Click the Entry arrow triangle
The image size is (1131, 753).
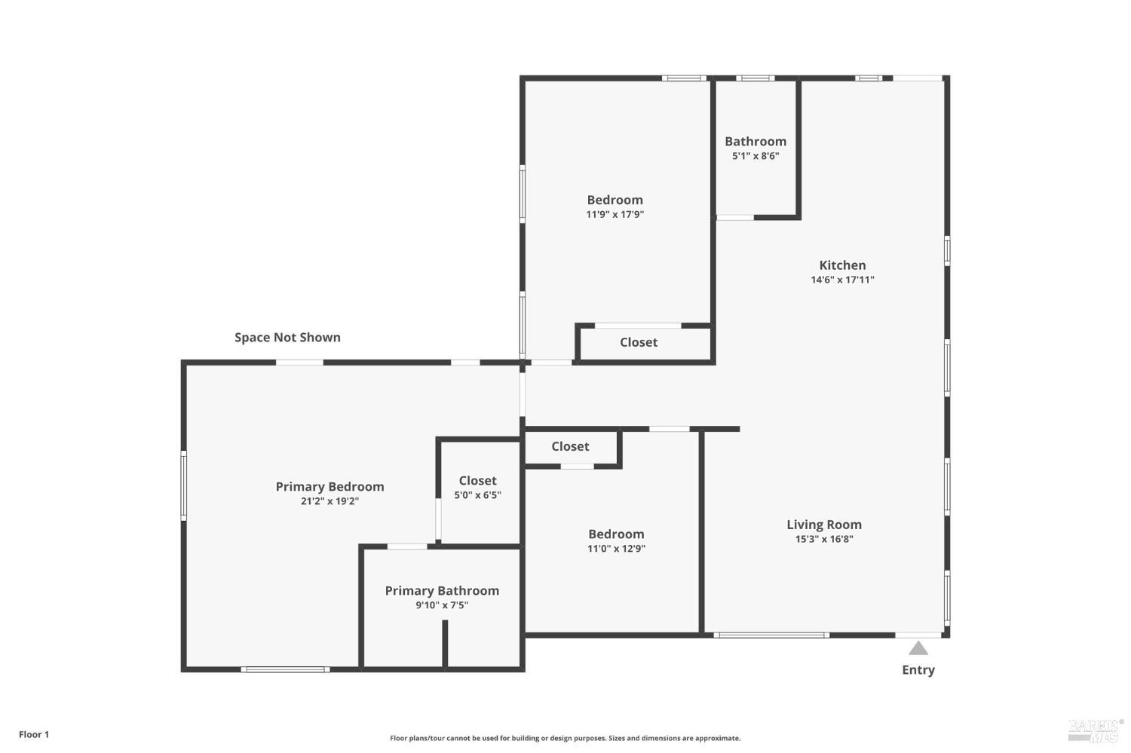coord(918,648)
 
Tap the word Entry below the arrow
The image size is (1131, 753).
coord(918,670)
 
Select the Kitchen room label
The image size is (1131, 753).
coord(842,265)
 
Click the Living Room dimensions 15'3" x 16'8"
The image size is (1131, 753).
coord(824,539)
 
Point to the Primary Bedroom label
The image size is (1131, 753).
coord(329,486)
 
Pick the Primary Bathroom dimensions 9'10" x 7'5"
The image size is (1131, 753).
coord(442,605)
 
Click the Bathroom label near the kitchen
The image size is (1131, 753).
coord(756,141)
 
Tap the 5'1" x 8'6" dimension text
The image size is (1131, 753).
coord(756,156)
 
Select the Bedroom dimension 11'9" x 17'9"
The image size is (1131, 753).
coord(615,214)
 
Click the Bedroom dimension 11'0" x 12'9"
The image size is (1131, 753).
coord(616,548)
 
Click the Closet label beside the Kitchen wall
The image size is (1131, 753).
coord(639,342)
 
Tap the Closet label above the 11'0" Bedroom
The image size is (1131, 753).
coord(570,446)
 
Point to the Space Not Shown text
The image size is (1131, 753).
coord(287,337)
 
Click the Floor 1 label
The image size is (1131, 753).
coord(34,734)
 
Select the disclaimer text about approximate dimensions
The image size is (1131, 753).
coord(565,738)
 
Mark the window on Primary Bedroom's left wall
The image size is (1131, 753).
coord(184,485)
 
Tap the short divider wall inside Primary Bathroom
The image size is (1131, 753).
coord(445,644)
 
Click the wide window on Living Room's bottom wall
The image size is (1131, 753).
coord(771,635)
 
